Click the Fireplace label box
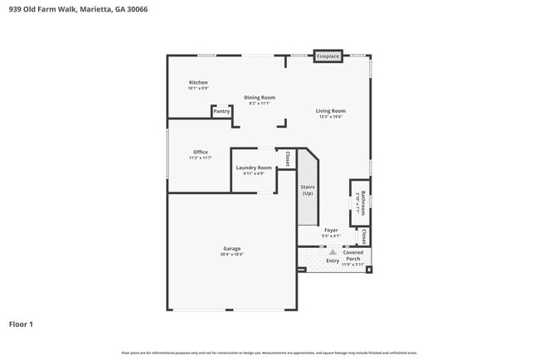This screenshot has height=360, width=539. point(328,56)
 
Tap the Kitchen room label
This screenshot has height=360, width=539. point(198,83)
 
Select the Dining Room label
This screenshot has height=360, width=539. point(260,98)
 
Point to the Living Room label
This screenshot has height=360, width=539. point(330,111)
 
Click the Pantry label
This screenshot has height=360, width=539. point(221,111)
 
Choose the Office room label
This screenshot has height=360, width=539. point(201,152)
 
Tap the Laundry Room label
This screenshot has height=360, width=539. point(254,168)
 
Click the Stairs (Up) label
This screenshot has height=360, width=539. point(307,190)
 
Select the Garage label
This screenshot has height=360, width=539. point(231,248)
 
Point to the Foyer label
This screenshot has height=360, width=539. point(331,230)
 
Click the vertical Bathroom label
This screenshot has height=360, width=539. point(362,201)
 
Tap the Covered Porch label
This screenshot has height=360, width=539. point(353,255)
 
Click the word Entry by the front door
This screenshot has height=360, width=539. point(332,260)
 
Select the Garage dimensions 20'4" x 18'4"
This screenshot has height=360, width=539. point(231,255)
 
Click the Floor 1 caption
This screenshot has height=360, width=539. point(21,324)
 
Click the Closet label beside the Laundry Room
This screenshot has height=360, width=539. point(287,158)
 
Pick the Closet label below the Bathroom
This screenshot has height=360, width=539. point(363,236)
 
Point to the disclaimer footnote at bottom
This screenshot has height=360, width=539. point(269,353)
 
